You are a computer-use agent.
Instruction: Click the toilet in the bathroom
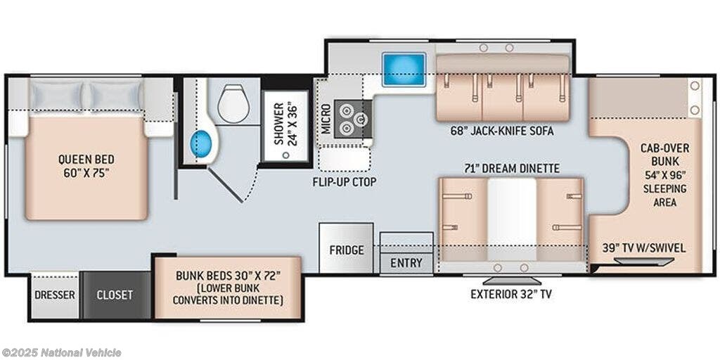tap(233, 103)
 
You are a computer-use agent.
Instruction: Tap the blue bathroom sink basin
tap(201, 143)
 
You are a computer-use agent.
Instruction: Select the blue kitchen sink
tap(404, 70)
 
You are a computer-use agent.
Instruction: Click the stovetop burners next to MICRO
tap(353, 118)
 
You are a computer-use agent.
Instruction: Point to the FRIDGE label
tap(346, 250)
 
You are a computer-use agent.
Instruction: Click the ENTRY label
tap(406, 263)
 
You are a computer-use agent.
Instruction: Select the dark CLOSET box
tap(115, 295)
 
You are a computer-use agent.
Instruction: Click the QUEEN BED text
tap(86, 160)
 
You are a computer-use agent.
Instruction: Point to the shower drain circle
tap(286, 155)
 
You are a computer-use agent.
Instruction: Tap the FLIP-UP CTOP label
tap(345, 182)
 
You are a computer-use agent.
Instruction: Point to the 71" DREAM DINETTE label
tap(513, 169)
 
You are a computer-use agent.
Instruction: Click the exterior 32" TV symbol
tap(512, 281)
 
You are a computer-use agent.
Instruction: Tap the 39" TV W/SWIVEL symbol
tap(644, 262)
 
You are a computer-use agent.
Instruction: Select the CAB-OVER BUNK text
tap(664, 155)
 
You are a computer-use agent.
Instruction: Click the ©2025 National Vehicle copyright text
tap(61, 353)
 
